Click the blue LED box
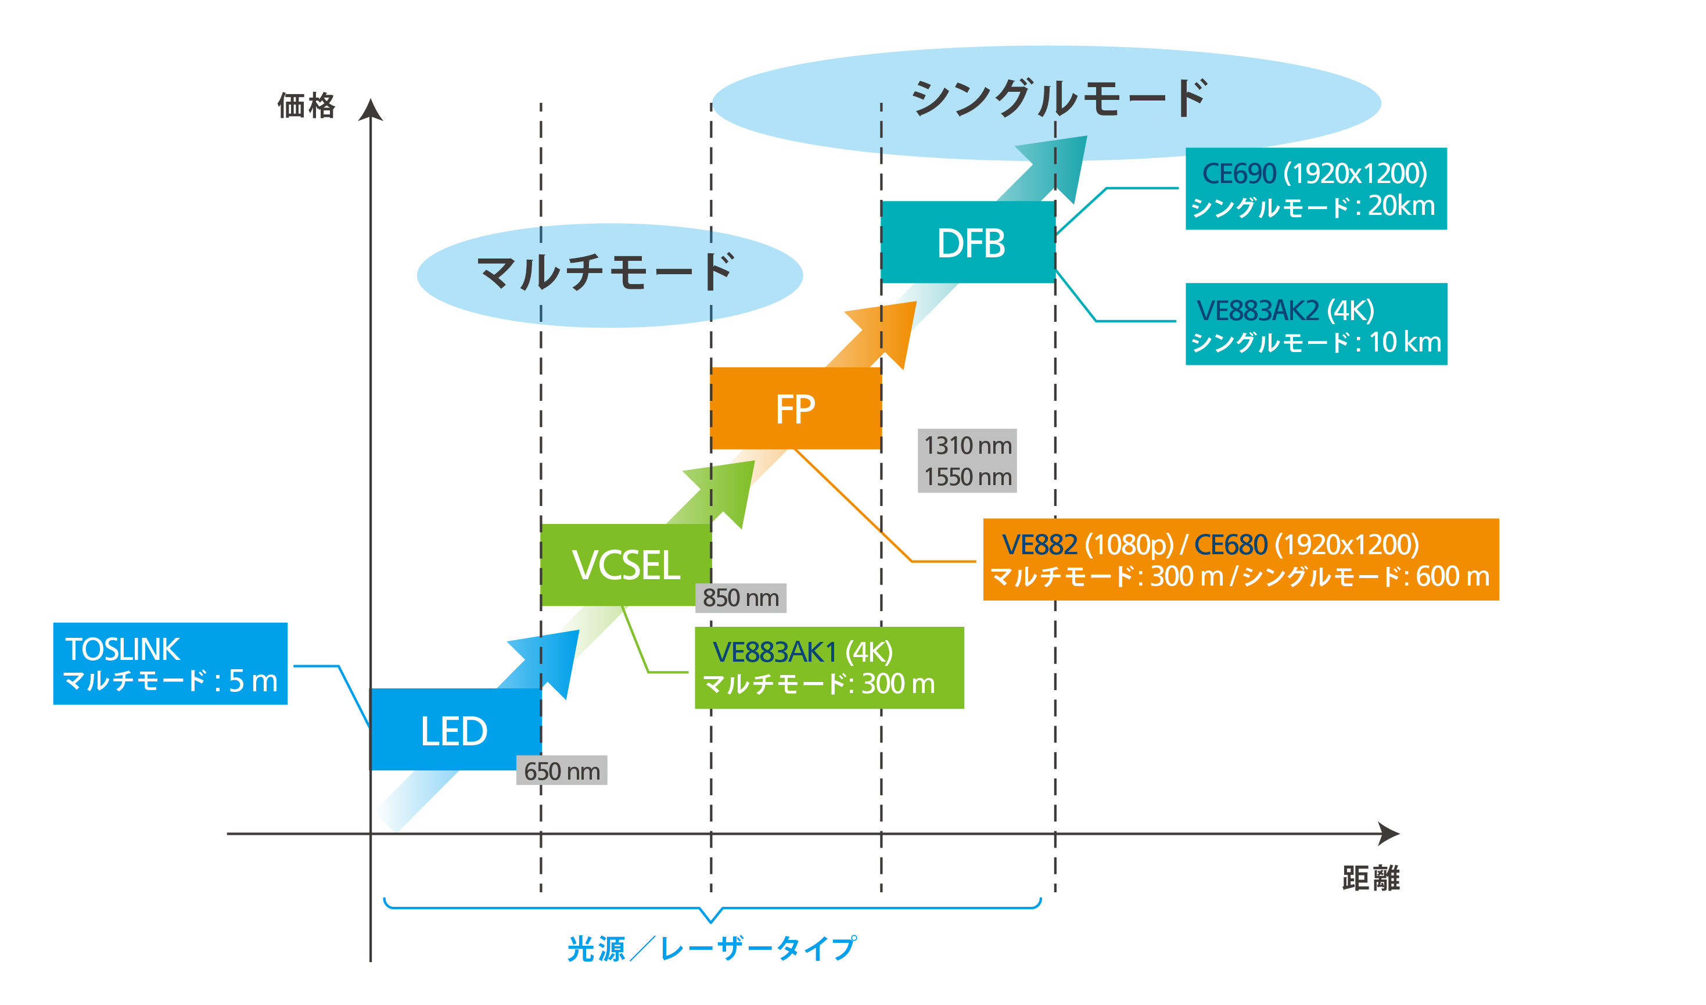(454, 731)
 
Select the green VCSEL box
(626, 565)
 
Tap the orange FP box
(795, 409)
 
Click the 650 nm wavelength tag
(561, 771)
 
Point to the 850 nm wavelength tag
(741, 598)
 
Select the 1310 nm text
(967, 446)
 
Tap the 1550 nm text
(967, 478)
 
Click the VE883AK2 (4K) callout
(1316, 324)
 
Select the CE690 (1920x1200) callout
(1316, 189)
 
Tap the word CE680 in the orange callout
(1230, 545)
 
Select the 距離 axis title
(1371, 878)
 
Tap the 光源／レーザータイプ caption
(711, 948)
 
